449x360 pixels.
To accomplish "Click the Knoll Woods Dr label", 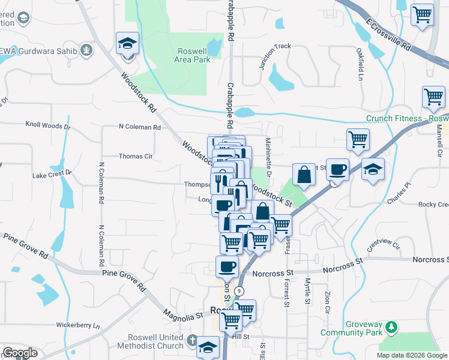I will tap(47, 127).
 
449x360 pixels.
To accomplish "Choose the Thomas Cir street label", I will tap(136, 156).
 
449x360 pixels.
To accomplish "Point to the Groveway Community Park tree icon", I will tap(391, 326).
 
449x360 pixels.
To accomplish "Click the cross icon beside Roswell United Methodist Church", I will tap(191, 341).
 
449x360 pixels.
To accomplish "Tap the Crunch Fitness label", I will tap(408, 118).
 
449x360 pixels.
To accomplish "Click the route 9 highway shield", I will tap(240, 290).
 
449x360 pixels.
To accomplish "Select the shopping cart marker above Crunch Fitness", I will tap(433, 97).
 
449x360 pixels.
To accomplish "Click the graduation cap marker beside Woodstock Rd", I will tap(127, 44).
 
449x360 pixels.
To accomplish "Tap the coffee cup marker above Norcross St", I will tap(227, 266).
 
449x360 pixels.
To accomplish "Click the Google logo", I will tap(20, 353).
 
